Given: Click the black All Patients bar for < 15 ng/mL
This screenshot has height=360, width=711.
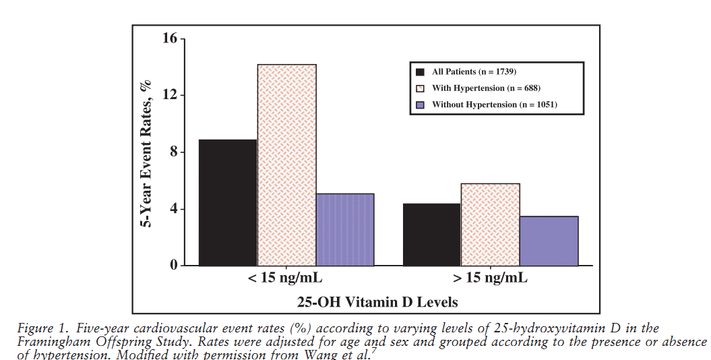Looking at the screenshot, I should [x=228, y=202].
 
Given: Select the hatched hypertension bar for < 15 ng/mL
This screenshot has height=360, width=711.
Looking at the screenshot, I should [x=286, y=165].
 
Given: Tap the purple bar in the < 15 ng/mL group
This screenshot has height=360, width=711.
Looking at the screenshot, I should [x=345, y=229].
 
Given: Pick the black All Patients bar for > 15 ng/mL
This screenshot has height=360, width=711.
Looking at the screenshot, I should [x=431, y=235].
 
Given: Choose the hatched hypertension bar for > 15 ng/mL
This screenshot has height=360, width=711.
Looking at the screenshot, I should [x=490, y=224].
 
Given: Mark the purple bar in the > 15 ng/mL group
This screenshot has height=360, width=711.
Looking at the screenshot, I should [x=549, y=241].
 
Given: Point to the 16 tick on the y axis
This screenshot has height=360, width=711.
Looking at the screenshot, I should [x=169, y=38].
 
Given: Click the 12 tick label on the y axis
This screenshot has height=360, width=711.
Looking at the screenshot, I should [x=169, y=95].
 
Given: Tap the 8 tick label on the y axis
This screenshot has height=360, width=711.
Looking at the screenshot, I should [x=173, y=152].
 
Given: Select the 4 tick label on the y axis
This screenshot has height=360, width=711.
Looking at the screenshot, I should [x=173, y=208].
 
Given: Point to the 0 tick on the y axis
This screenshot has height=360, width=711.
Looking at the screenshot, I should [x=173, y=265].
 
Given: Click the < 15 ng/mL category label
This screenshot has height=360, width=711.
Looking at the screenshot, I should [x=286, y=278].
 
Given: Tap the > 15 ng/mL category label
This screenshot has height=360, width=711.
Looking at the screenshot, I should [x=490, y=278].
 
